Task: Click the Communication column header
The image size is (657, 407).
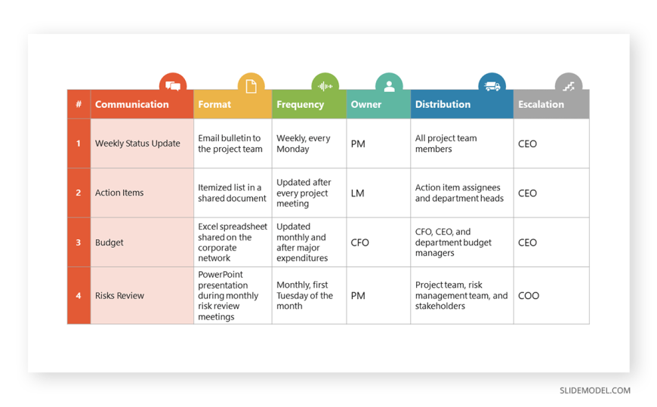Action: coord(131,104)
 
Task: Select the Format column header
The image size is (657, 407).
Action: coord(214,104)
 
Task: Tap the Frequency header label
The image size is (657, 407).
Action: coord(300,105)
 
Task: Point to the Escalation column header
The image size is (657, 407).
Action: coord(541,104)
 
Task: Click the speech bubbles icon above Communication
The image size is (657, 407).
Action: coord(173,86)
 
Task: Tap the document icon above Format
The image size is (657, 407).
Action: coord(251,86)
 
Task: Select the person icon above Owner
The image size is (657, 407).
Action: coord(389,86)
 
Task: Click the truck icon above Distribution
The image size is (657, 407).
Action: coord(492,86)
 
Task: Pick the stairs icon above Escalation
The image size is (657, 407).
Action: coord(569,87)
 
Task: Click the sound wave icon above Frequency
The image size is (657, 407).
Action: coord(325,86)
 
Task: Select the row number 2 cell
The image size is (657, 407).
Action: coord(79,193)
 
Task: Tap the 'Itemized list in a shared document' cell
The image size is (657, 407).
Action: coord(232,193)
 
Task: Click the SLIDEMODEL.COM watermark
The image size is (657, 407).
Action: coord(595,390)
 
